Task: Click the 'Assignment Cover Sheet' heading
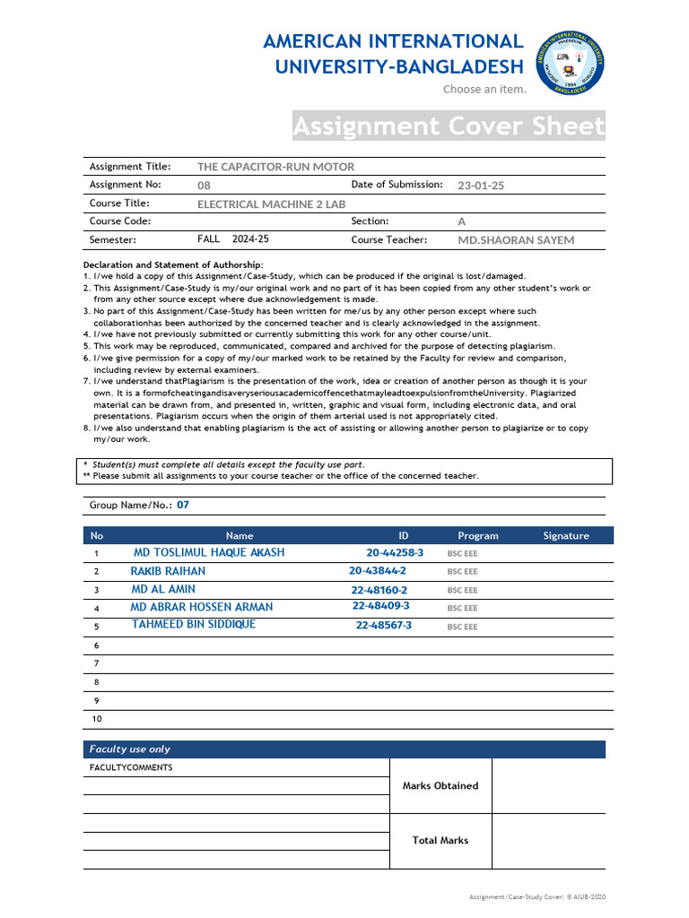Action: pos(449,126)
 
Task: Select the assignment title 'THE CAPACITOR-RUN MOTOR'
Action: pos(275,167)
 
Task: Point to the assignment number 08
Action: pos(204,186)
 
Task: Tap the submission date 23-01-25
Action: pos(481,186)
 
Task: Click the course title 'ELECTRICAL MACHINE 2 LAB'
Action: pos(271,204)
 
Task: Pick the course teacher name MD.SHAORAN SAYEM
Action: pos(516,240)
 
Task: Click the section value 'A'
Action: pos(462,221)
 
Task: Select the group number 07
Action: pos(183,505)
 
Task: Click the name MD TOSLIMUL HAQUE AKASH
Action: pos(209,552)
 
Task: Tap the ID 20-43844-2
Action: pos(378,570)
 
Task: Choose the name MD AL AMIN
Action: pos(163,589)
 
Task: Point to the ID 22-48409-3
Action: pos(381,606)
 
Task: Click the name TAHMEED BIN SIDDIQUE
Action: pos(194,624)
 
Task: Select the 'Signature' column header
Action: pos(566,536)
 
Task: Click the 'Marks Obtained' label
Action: pos(440,785)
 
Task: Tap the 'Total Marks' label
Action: pos(440,840)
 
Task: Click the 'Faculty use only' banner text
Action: pos(129,749)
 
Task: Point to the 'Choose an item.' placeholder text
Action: pos(484,90)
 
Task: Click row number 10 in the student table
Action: pos(97,719)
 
